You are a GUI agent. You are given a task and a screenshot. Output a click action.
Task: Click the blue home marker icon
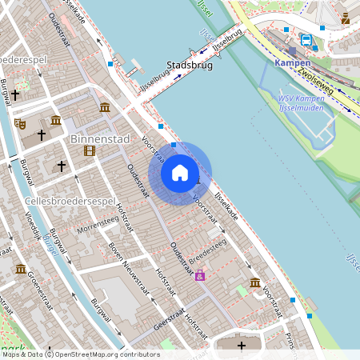(180, 173)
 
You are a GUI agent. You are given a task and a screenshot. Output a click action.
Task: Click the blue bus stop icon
(306, 39)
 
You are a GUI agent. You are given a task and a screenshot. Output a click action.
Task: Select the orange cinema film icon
(89, 150)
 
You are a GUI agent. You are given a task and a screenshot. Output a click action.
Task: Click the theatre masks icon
(19, 123)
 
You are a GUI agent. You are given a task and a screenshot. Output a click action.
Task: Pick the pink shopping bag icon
(200, 276)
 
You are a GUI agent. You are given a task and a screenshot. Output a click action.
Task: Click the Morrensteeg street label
(96, 229)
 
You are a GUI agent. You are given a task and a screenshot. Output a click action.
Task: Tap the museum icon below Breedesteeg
(254, 282)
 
